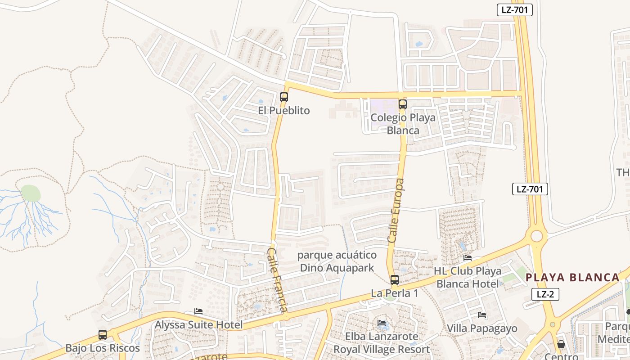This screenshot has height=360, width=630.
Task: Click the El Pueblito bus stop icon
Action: (x=283, y=97)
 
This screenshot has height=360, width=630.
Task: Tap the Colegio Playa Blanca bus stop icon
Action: (x=403, y=104)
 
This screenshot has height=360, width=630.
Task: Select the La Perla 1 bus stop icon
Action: (x=395, y=280)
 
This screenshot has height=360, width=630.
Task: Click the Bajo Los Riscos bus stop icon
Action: (x=103, y=335)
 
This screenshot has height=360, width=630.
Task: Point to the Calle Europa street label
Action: (x=396, y=211)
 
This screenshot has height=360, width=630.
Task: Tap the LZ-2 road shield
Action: (x=545, y=294)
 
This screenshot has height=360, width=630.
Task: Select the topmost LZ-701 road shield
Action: (x=515, y=10)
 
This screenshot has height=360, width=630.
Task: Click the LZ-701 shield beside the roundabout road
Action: (x=530, y=189)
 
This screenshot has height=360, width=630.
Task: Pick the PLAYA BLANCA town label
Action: (x=573, y=277)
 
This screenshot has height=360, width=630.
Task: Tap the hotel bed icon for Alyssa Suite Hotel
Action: (x=198, y=311)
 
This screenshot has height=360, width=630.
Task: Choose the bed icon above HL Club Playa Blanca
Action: (x=468, y=258)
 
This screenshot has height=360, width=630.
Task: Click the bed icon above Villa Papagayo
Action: (x=482, y=315)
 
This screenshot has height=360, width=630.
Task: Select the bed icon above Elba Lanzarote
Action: (x=382, y=323)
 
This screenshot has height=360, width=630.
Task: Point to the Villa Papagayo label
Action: (x=482, y=328)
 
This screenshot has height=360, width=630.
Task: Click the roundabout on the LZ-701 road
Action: (x=536, y=236)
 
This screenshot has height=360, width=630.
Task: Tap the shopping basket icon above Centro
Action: (x=561, y=345)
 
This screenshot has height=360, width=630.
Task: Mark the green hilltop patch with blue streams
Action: (x=31, y=193)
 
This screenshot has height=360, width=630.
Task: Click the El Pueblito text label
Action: (x=283, y=111)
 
